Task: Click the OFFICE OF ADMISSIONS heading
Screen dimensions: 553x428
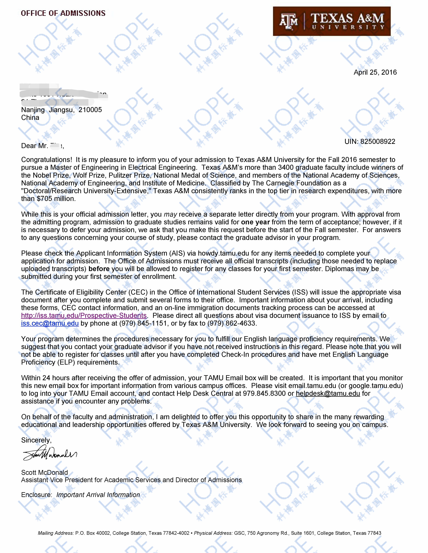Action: pyautogui.click(x=63, y=13)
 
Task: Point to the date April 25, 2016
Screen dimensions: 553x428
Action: pyautogui.click(x=375, y=72)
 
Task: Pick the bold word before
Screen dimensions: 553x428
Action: pyautogui.click(x=99, y=269)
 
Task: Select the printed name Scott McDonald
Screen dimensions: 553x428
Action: pyautogui.click(x=45, y=472)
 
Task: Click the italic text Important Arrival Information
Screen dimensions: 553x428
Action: pyautogui.click(x=98, y=495)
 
